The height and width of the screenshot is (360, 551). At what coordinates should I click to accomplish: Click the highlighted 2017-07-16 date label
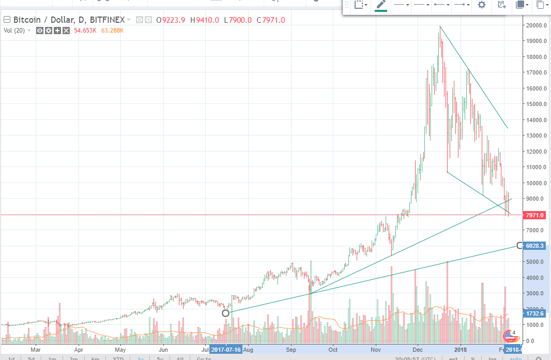click(x=226, y=350)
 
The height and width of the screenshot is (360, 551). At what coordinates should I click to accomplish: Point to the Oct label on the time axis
click(x=333, y=350)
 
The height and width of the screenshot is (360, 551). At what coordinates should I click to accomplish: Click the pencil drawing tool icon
click(x=381, y=5)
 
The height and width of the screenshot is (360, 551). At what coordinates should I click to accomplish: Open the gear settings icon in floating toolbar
click(x=482, y=5)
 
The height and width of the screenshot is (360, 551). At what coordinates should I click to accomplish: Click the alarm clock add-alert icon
click(x=501, y=5)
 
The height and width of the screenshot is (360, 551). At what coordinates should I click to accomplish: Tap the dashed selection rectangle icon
click(x=359, y=5)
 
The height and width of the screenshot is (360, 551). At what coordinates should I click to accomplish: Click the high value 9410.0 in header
click(x=205, y=20)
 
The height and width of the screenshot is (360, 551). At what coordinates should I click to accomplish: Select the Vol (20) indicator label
click(x=14, y=31)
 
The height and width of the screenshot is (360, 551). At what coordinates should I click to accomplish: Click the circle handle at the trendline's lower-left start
click(x=225, y=313)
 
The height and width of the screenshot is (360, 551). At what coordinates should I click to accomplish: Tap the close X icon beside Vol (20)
click(x=66, y=31)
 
